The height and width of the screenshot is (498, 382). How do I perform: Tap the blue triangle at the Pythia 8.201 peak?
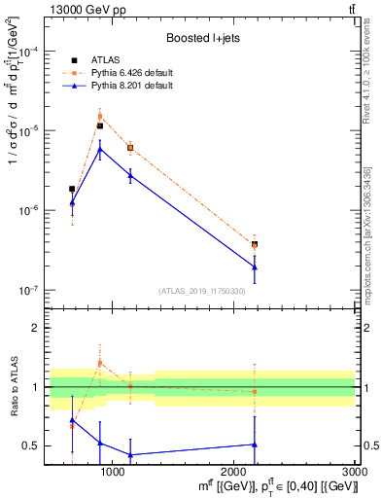[100, 150]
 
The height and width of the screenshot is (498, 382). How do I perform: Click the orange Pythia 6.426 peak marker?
[100, 116]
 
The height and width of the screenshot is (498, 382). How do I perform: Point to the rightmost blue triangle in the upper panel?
[255, 267]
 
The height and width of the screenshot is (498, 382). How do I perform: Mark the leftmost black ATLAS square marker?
[72, 189]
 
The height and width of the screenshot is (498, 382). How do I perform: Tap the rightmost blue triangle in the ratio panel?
[255, 445]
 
